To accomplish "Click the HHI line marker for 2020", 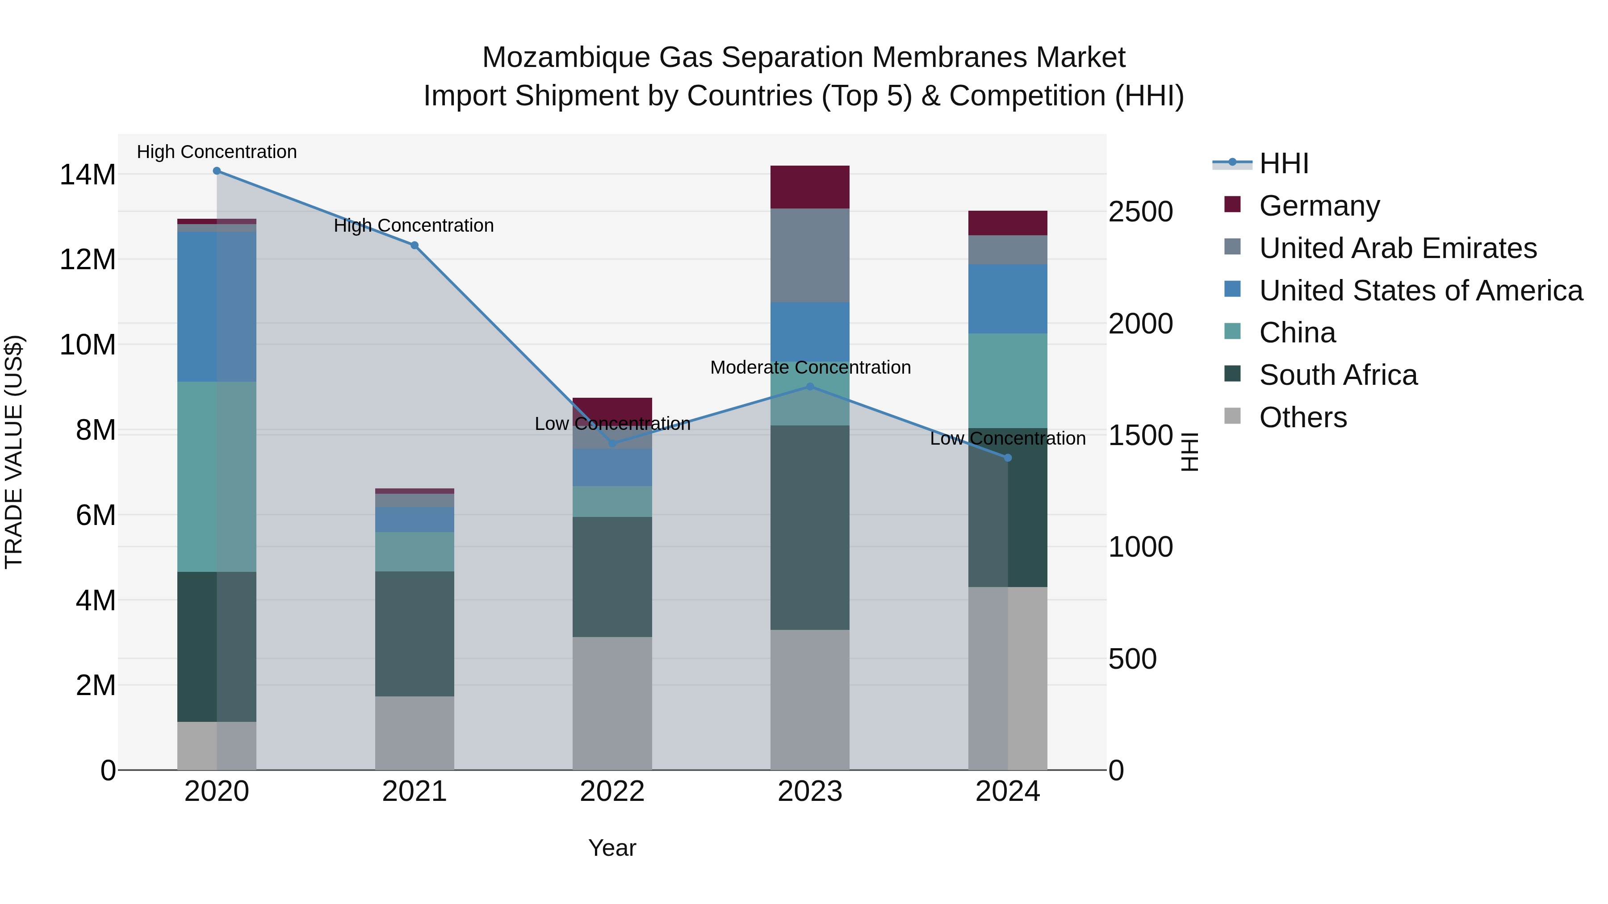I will click(x=217, y=171).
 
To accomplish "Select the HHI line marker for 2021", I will click(x=415, y=245).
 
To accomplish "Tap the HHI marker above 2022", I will click(x=612, y=444).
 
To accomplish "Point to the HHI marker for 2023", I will click(x=810, y=386).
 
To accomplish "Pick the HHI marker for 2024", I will click(x=1008, y=458).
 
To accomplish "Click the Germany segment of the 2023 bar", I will click(x=810, y=187).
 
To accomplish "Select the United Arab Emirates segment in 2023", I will click(x=810, y=256).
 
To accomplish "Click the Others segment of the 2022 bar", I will click(x=612, y=703).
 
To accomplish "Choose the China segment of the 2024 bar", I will click(x=1008, y=380).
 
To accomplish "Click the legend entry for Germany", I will click(x=1319, y=206).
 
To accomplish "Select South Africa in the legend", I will click(x=1338, y=375).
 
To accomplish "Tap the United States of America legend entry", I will click(x=1420, y=291).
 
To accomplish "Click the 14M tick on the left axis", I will click(x=88, y=175).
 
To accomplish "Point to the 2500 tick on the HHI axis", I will click(x=1140, y=212).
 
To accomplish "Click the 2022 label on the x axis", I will click(x=612, y=792).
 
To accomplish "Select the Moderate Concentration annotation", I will click(x=810, y=367).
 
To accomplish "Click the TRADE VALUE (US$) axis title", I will click(x=14, y=452).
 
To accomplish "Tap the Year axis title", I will click(x=612, y=848).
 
